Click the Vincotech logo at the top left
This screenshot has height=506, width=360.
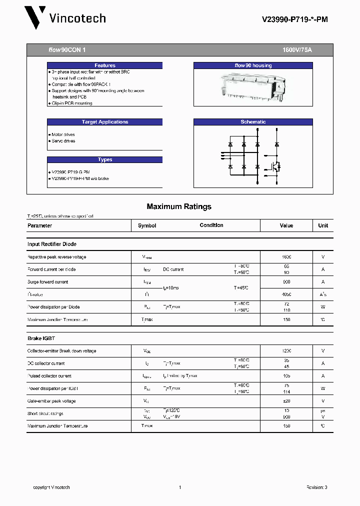[x=65, y=18]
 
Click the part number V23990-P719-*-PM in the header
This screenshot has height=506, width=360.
[x=295, y=19]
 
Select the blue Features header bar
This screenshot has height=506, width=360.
[x=104, y=65]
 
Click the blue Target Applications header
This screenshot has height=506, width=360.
[x=104, y=122]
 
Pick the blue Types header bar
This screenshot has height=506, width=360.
[x=104, y=160]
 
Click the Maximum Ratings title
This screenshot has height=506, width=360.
[x=179, y=206]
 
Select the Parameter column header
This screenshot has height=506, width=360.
[x=40, y=225]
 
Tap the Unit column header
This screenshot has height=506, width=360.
[x=323, y=225]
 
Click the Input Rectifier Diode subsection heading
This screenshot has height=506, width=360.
[x=52, y=244]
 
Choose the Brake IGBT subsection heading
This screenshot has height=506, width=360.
[x=41, y=338]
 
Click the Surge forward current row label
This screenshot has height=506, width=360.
[x=47, y=282]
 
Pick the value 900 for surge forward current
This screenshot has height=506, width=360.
[x=286, y=282]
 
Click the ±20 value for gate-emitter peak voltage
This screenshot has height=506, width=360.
[x=286, y=401]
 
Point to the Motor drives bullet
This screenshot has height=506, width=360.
[x=63, y=135]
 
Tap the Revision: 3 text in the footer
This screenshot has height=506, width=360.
[x=316, y=487]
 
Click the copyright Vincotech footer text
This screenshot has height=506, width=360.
[x=51, y=487]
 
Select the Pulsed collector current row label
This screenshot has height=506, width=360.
[x=49, y=376]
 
